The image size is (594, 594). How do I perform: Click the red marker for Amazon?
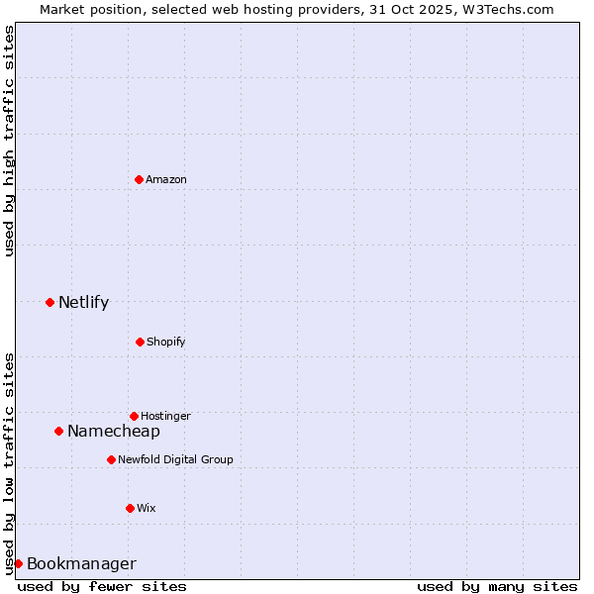139,179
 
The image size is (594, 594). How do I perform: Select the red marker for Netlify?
49,302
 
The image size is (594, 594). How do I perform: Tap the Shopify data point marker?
140,342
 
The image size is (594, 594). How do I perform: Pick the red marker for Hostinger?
134,416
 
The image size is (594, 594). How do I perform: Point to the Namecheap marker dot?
58,431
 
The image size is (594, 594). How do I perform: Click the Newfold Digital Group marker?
111,459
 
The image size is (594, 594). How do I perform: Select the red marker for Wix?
130,508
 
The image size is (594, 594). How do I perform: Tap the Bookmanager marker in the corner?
18,563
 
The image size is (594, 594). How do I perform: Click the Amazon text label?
166,180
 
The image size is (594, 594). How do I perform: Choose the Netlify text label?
83,303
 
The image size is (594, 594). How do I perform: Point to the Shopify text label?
166,343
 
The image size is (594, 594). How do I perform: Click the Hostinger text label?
165,417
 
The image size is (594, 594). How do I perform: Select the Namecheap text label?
113,432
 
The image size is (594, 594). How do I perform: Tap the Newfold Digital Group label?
175,460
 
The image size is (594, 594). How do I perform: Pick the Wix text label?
147,509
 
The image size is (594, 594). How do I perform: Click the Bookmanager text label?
81,564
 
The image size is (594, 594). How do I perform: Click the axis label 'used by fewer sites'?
102,586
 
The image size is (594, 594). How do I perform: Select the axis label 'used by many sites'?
497,586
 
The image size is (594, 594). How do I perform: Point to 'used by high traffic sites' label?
9,141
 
